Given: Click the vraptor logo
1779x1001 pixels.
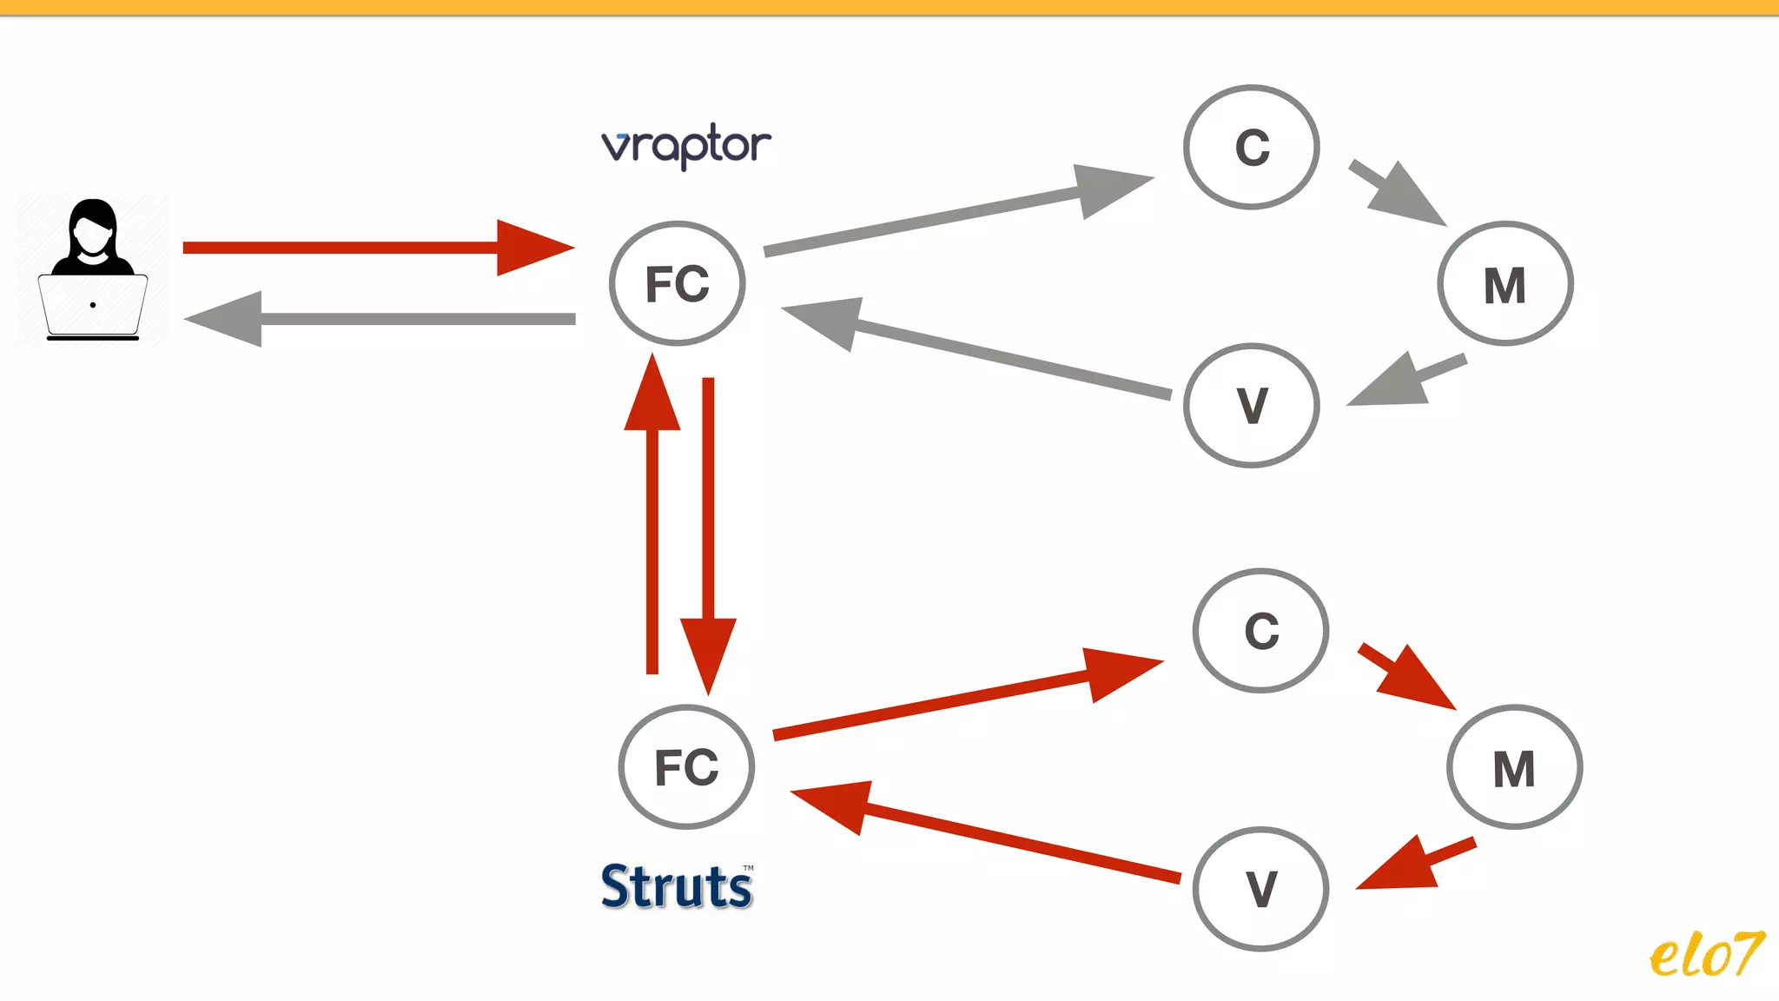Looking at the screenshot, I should coord(685,146).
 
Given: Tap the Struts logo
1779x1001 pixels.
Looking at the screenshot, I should coord(677,886).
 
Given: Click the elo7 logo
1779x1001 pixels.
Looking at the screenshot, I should coord(1706,955).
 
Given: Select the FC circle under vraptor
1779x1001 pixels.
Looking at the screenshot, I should coord(678,284).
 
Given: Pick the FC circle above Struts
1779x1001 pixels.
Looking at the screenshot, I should coord(686,767).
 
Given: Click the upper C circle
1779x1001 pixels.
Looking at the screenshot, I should coord(1252,147).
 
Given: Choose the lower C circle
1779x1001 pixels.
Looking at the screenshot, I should coord(1261,631).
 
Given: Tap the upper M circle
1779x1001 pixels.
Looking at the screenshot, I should coord(1505,284).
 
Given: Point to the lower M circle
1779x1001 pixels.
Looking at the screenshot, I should coord(1514,767).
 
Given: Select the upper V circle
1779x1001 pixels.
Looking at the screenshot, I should coord(1252,406).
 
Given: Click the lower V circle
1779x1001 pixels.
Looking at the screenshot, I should coord(1261,889).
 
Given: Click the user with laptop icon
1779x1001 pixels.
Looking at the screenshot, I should coord(93,269).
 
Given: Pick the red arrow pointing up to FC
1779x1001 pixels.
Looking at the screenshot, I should coord(652,521).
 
